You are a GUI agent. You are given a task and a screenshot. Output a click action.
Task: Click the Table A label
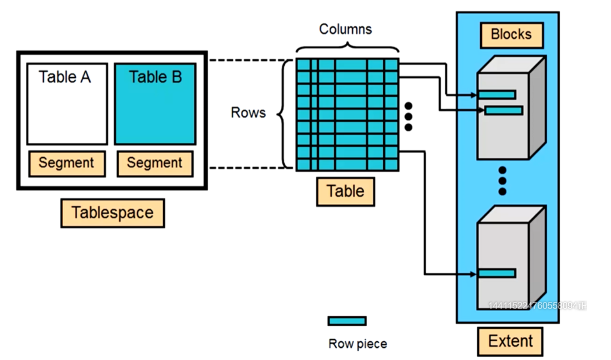(x=65, y=77)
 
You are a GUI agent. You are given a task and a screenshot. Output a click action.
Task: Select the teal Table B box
(x=155, y=104)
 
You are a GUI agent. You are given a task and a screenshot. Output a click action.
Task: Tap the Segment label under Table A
(x=66, y=163)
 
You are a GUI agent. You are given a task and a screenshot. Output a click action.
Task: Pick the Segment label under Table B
(x=154, y=163)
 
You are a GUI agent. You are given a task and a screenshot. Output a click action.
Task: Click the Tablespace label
(x=112, y=213)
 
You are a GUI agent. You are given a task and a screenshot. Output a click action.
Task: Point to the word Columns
(x=346, y=29)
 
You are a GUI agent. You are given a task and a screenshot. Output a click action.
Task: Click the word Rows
(x=248, y=112)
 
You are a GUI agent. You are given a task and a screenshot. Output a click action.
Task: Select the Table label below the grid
(x=345, y=191)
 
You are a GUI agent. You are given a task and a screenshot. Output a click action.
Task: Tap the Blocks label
(x=511, y=35)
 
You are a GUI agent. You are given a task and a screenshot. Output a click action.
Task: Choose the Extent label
(x=510, y=341)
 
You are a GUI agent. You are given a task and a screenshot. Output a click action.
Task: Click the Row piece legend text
(x=357, y=344)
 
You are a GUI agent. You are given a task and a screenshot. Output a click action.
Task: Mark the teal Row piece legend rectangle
(x=346, y=321)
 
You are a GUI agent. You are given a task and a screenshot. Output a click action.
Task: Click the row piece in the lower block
(x=496, y=273)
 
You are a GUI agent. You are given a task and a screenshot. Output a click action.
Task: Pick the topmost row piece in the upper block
(x=496, y=94)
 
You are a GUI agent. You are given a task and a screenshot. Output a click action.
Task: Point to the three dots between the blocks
(x=502, y=180)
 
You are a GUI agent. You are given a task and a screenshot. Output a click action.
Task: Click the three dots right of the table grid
(x=409, y=117)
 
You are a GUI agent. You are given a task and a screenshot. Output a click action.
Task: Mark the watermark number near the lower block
(x=536, y=306)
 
